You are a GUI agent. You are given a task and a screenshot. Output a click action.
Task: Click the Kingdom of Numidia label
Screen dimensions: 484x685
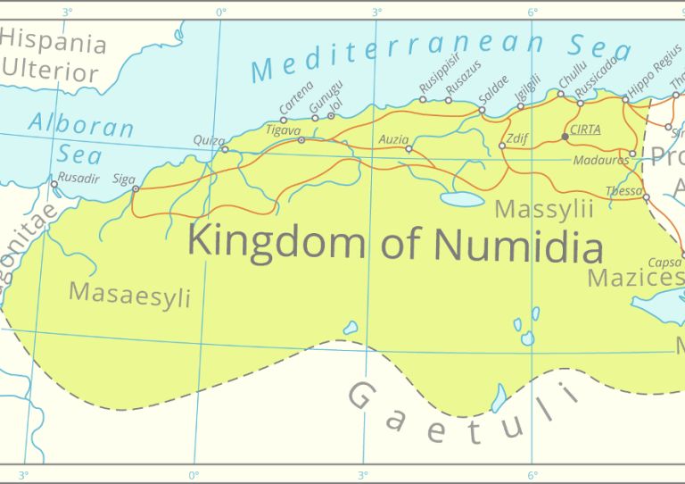[394, 243]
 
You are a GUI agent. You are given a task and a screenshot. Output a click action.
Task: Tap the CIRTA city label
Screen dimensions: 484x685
[585, 129]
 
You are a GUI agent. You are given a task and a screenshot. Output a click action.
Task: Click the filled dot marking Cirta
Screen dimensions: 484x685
[565, 137]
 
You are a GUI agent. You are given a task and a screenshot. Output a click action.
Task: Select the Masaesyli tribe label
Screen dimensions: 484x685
[129, 294]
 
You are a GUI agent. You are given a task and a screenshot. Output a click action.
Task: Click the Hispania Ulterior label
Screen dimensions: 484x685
[54, 56]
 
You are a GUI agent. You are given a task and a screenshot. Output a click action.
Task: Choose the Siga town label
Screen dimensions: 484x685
[124, 179]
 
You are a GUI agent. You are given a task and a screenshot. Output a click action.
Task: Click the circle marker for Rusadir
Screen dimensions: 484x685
[54, 185]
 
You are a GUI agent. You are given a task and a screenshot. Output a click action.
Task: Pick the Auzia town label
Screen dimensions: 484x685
[393, 139]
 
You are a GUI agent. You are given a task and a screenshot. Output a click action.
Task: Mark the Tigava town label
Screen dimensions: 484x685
[284, 130]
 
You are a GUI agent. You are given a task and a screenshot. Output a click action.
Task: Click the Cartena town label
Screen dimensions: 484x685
[296, 98]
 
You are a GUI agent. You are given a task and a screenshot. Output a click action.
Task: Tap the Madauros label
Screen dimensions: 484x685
[600, 160]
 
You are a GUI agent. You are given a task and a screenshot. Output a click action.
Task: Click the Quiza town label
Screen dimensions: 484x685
[209, 140]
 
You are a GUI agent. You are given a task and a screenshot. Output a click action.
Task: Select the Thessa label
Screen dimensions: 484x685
[623, 191]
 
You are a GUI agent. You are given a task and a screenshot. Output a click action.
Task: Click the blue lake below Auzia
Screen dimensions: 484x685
[462, 199]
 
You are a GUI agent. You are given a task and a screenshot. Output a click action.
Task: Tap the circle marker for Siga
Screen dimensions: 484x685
[136, 188]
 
